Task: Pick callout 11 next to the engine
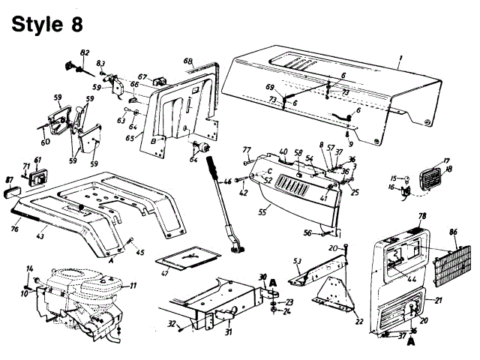[x=133, y=286]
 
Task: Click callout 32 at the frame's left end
[x=172, y=324]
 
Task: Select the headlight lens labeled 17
[x=432, y=178]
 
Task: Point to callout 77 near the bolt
[x=246, y=150]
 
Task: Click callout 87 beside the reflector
[x=10, y=181]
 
